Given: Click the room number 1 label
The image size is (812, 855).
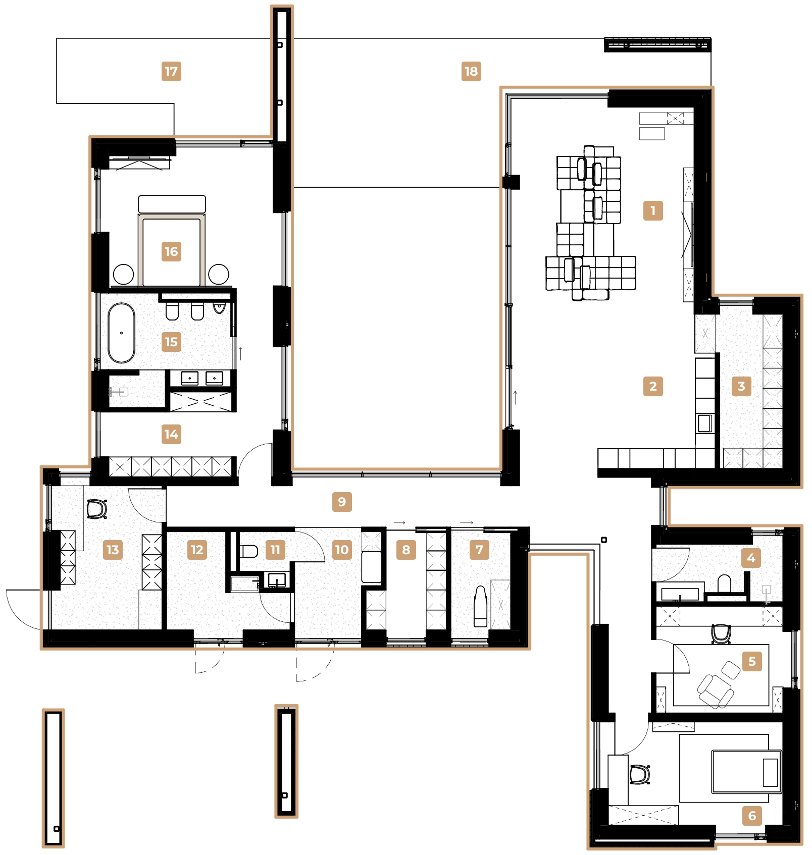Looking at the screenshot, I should pyautogui.click(x=652, y=210).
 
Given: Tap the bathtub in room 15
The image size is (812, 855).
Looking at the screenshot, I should pyautogui.click(x=121, y=333).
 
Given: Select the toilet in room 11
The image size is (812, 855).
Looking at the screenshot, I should pyautogui.click(x=248, y=551).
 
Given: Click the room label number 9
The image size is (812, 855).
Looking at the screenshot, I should pyautogui.click(x=342, y=502).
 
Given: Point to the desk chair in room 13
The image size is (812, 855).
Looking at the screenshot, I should pyautogui.click(x=96, y=509).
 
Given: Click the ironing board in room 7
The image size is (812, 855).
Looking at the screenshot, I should pyautogui.click(x=480, y=606).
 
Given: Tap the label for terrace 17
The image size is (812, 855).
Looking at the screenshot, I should pyautogui.click(x=171, y=71).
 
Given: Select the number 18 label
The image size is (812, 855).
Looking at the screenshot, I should pyautogui.click(x=471, y=71).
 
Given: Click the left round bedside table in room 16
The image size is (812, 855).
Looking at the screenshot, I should pyautogui.click(x=123, y=274).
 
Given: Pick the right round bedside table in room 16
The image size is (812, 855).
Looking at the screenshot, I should pyautogui.click(x=219, y=274).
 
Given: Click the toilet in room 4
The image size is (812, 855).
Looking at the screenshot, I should pyautogui.click(x=724, y=583).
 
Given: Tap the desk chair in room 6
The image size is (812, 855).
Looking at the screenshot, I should pyautogui.click(x=640, y=774).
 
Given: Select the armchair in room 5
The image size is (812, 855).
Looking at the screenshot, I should pyautogui.click(x=715, y=689).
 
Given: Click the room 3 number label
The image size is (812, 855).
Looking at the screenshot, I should pyautogui.click(x=741, y=386).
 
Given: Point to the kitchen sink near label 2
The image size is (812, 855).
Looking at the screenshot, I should pyautogui.click(x=704, y=423).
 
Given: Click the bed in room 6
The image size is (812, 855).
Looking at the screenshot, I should pyautogui.click(x=746, y=771).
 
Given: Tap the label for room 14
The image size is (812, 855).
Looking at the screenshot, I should pyautogui.click(x=171, y=434).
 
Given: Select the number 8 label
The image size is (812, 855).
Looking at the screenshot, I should pyautogui.click(x=406, y=550).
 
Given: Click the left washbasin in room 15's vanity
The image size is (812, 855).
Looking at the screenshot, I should pyautogui.click(x=190, y=378).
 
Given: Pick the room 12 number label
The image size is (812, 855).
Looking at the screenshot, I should pyautogui.click(x=197, y=550).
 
